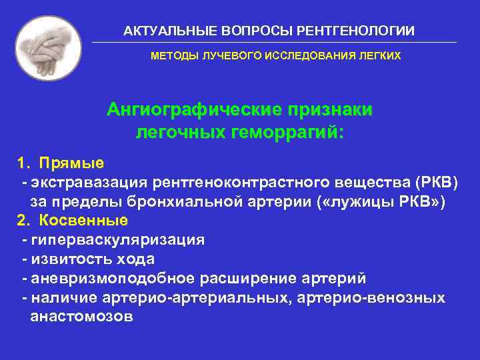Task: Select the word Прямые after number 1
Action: pyautogui.click(x=71, y=163)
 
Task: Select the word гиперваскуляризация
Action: pyautogui.click(x=117, y=239)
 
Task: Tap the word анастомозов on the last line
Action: pyautogui.click(x=82, y=317)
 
